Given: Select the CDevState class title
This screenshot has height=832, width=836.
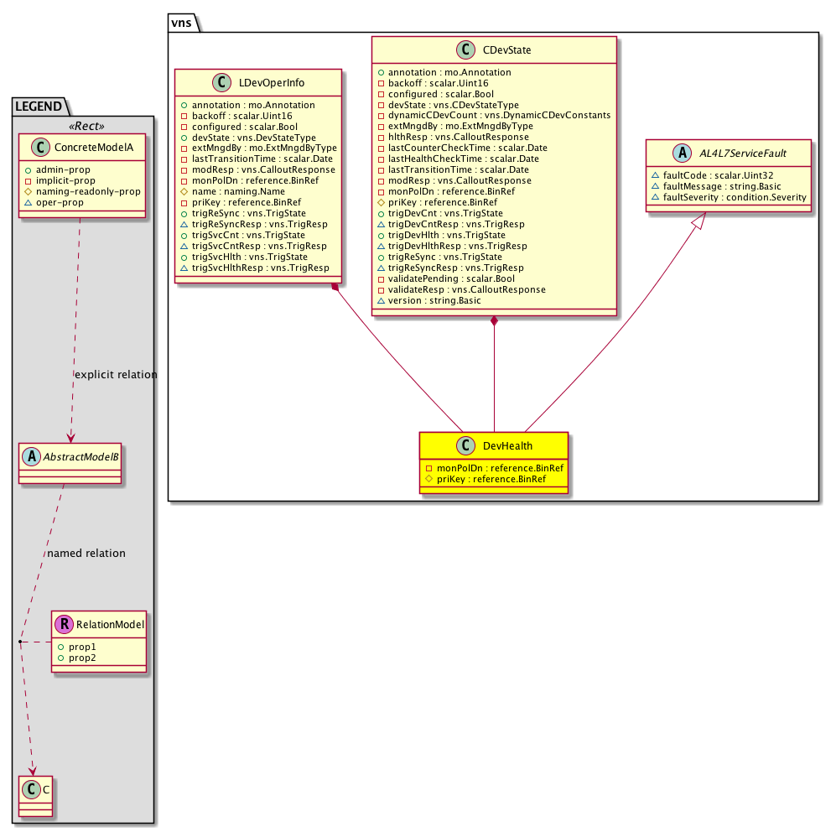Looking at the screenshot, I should click(x=507, y=51).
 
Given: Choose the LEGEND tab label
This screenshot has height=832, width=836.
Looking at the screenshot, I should click(x=40, y=106).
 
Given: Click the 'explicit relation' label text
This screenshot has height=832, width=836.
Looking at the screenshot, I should click(x=116, y=374).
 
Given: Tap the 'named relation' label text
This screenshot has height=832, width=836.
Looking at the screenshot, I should click(x=86, y=553).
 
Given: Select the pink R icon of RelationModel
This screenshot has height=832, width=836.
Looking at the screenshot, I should click(x=64, y=623).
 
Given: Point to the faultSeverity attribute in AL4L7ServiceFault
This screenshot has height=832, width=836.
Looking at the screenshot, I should click(x=729, y=197).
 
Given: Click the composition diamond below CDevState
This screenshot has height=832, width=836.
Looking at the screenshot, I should click(x=495, y=322).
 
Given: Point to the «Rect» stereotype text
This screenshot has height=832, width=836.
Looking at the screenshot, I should click(x=83, y=126).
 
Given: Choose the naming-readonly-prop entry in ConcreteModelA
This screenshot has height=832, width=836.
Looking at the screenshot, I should click(x=87, y=191).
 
